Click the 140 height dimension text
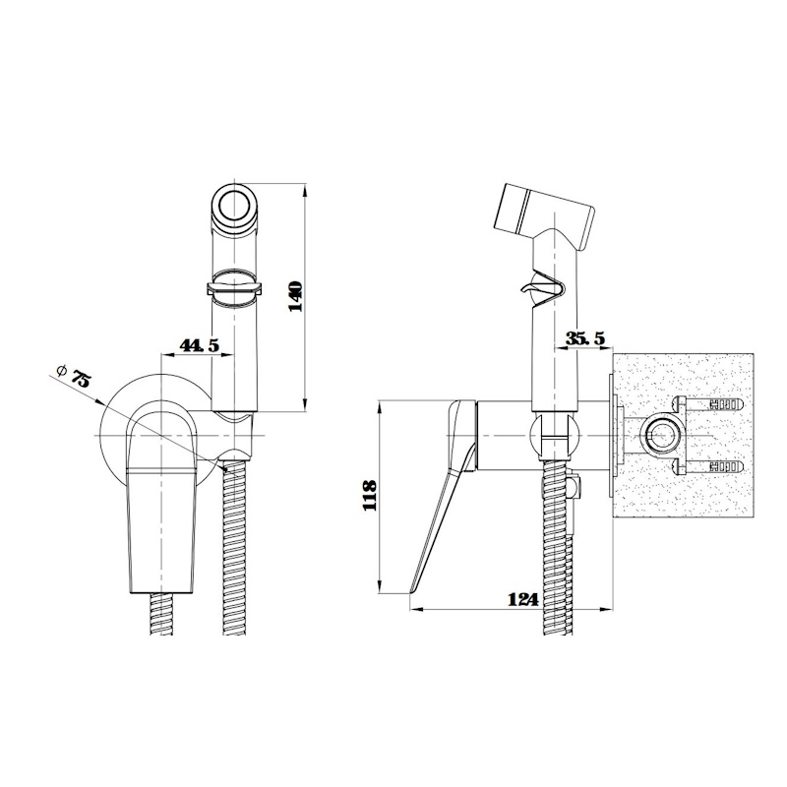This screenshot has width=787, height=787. pos(296,296)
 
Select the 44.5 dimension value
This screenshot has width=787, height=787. pos(200,345)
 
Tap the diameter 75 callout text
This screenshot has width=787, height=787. pos(81,378)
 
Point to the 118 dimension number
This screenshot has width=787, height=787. pos(370,495)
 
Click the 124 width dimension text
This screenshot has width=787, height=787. pos(523,599)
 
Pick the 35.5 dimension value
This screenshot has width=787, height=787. pos(585,338)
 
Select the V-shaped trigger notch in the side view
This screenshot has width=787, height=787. pos(542,289)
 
